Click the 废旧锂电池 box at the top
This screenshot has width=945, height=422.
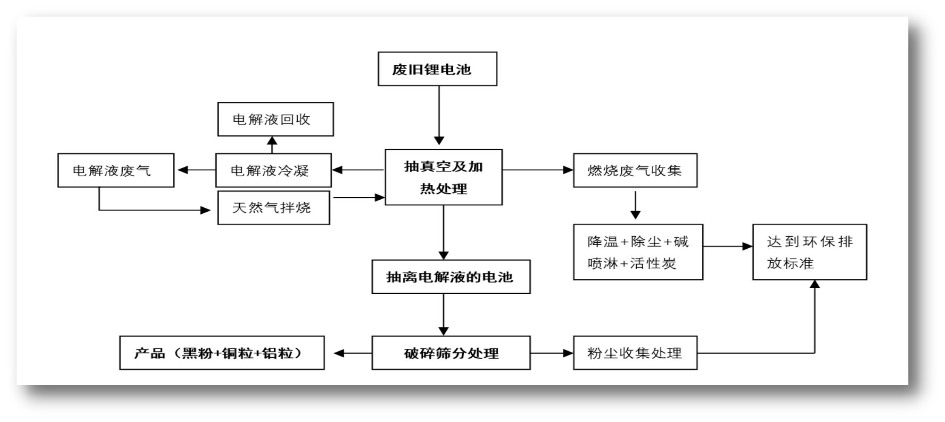pos(437,69)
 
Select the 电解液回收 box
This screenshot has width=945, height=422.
pos(276,119)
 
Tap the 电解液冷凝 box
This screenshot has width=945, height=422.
pos(273,170)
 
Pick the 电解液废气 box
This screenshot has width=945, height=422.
pos(116,170)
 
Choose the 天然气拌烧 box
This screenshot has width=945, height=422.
pos(273,208)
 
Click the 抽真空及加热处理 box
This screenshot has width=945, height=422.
pos(443,177)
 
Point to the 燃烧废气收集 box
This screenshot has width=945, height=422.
pos(635,170)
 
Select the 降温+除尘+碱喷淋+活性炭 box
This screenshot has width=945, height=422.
pos(638,252)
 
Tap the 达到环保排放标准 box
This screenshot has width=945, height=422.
pos(810,252)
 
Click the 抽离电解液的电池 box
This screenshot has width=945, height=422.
pos(451,277)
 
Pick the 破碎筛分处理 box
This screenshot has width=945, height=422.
pos(451,353)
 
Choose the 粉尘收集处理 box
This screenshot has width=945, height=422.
pos(635,353)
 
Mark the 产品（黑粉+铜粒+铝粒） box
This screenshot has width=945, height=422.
pos(222,353)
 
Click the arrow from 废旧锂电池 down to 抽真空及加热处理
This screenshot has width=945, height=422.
pos(439,115)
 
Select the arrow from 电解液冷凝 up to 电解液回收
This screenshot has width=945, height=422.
pos(272,145)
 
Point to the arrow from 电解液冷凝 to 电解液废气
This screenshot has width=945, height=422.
pos(196,170)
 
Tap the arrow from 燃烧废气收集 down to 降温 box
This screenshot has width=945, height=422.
pos(635,205)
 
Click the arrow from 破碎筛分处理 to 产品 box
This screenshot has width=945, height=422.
pos(353,353)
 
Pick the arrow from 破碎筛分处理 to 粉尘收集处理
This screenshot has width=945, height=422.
pos(552,353)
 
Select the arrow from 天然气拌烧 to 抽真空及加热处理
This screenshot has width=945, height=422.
pos(359,198)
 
